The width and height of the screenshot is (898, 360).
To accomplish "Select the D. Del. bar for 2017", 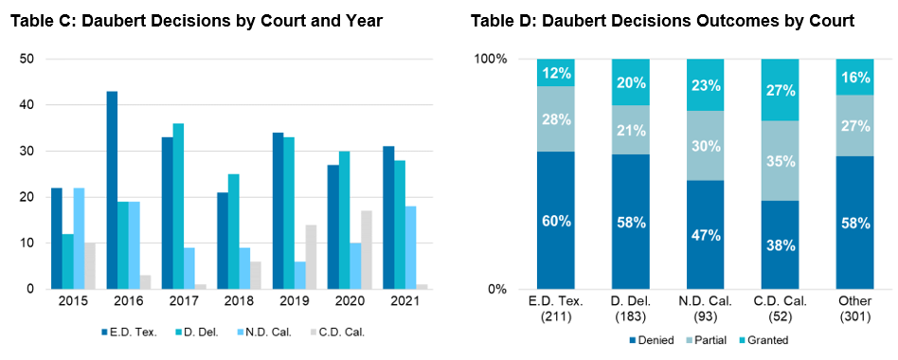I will (x=178, y=207).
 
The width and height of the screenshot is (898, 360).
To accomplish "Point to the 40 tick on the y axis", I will (x=27, y=105).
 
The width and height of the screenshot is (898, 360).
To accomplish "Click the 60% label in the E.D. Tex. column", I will (x=557, y=221).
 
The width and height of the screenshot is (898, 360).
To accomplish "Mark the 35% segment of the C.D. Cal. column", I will (x=779, y=161).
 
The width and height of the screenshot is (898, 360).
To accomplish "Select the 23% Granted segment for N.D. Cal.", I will (x=705, y=84).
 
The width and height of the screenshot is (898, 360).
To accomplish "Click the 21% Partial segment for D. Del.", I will (x=631, y=130).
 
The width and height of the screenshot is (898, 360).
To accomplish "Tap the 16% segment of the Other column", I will (x=853, y=77).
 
